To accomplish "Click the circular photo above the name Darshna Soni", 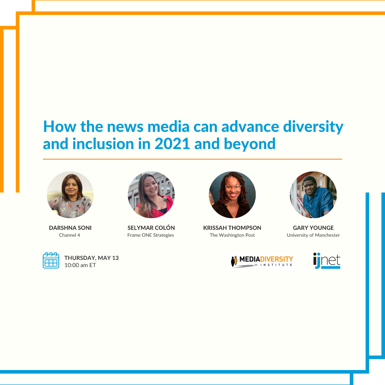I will pyautogui.click(x=70, y=195).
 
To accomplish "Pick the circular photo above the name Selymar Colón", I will pyautogui.click(x=151, y=195).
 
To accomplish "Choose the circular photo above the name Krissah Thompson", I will pyautogui.click(x=232, y=195).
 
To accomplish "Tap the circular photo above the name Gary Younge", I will pyautogui.click(x=313, y=195).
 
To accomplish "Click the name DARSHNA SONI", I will pyautogui.click(x=70, y=228).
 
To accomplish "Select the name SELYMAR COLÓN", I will pyautogui.click(x=151, y=228).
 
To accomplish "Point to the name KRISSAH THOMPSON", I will pyautogui.click(x=232, y=228).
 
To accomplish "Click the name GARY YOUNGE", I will pyautogui.click(x=313, y=228).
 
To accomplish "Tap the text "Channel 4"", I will pyautogui.click(x=70, y=235).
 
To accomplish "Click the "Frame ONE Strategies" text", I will pyautogui.click(x=150, y=235).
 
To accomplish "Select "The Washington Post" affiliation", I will pyautogui.click(x=232, y=235).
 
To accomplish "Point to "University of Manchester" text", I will pyautogui.click(x=313, y=235).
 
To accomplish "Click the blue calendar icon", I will pyautogui.click(x=51, y=260).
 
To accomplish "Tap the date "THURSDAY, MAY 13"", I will pyautogui.click(x=91, y=258).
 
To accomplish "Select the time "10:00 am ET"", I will pyautogui.click(x=80, y=265).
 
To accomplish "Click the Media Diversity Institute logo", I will pyautogui.click(x=262, y=261).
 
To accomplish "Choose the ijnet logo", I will pyautogui.click(x=327, y=261).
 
